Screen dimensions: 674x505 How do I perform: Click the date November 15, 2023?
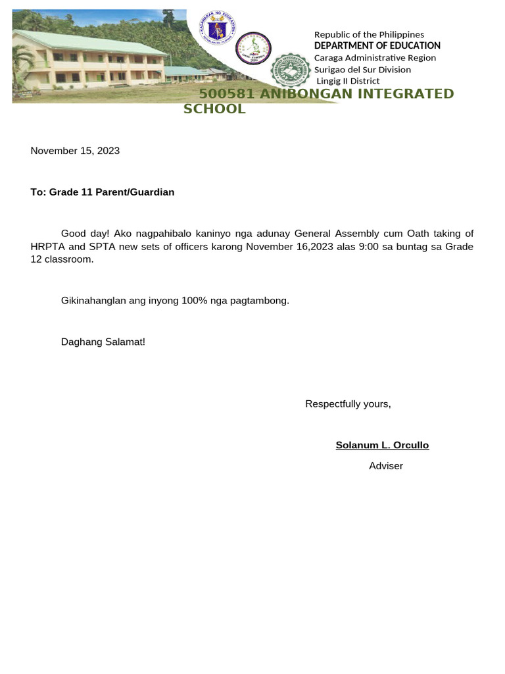(x=75, y=151)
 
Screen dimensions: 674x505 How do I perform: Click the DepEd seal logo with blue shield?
(x=216, y=29)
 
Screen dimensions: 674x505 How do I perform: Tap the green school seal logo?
(x=290, y=71)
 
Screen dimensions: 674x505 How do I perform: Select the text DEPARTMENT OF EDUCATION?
(x=377, y=45)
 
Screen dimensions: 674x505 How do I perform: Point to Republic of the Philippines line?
(x=369, y=34)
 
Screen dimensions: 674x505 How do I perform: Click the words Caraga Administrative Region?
(x=375, y=57)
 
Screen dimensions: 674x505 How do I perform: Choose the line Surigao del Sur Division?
(x=362, y=69)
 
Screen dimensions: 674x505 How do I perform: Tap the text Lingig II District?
(x=348, y=81)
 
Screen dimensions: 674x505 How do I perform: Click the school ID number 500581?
(x=227, y=93)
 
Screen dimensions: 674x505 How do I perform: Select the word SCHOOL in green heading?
(x=214, y=109)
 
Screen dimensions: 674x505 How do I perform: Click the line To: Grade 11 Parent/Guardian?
(x=103, y=192)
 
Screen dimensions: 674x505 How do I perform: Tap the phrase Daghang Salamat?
(x=103, y=342)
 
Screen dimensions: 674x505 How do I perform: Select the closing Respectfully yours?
(x=348, y=404)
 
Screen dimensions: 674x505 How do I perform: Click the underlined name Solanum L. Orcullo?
(x=382, y=446)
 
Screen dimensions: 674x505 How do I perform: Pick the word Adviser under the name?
(x=386, y=466)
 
